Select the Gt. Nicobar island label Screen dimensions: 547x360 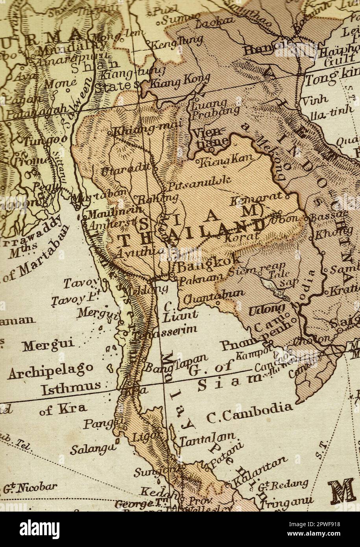(31, 488)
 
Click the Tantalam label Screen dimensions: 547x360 (208, 439)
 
